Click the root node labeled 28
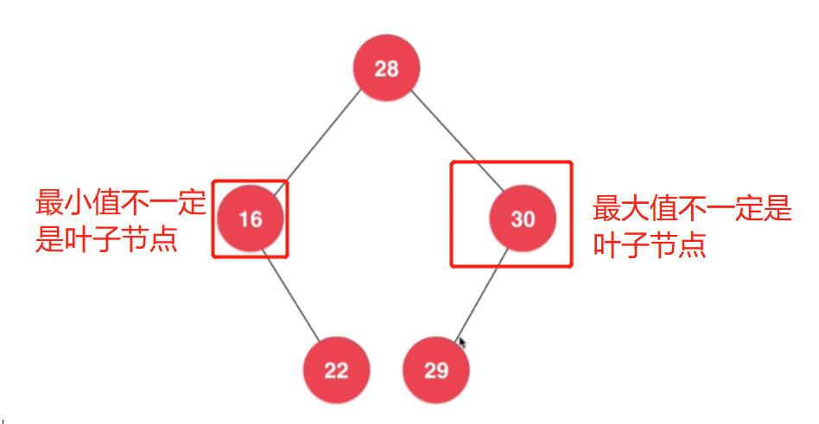pyautogui.click(x=386, y=68)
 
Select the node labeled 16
pyautogui.click(x=251, y=219)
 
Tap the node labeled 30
pyautogui.click(x=523, y=219)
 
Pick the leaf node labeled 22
pyautogui.click(x=336, y=370)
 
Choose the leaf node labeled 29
pyautogui.click(x=436, y=370)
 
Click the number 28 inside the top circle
pyautogui.click(x=386, y=69)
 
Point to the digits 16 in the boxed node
pyautogui.click(x=251, y=219)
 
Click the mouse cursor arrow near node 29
pyautogui.click(x=462, y=343)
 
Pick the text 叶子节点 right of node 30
pyautogui.click(x=649, y=245)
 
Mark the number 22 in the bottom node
pyautogui.click(x=336, y=370)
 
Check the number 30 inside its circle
pyautogui.click(x=523, y=219)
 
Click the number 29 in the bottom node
pyautogui.click(x=436, y=370)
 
